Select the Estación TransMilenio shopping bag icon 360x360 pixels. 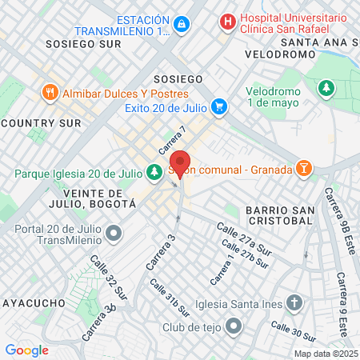182,26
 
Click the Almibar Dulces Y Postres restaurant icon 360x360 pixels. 50,92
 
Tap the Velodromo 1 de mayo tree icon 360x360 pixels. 326,87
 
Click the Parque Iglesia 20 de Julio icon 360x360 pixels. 154,171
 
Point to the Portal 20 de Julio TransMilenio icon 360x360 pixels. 114,234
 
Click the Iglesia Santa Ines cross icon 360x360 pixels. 294,303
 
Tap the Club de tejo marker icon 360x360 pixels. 234,326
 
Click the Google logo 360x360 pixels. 26,350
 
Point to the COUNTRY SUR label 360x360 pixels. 41,122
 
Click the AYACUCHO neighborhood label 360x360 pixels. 32,303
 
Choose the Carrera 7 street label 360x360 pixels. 172,141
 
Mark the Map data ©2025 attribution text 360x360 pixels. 325,354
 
